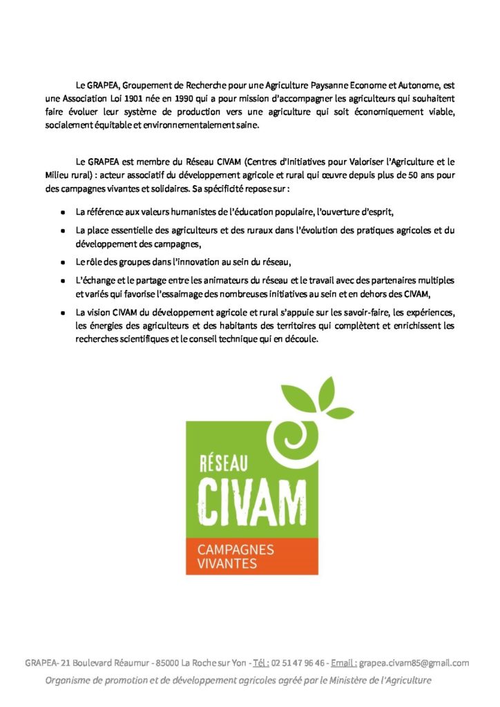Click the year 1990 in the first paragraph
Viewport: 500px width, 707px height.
tap(183, 99)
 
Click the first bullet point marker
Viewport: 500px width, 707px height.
tap(63, 212)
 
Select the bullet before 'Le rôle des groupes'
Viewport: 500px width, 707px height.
tap(63, 262)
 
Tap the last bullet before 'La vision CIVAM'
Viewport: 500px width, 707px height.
tap(63, 313)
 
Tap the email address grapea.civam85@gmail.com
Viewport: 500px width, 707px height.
tap(414, 663)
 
